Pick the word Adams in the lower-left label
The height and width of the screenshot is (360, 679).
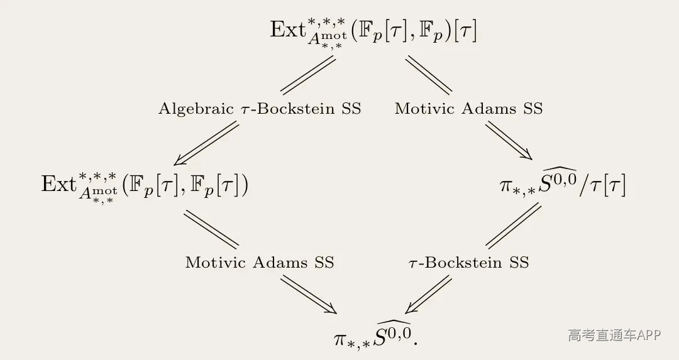click(280, 262)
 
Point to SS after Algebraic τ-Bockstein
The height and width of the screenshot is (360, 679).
click(351, 108)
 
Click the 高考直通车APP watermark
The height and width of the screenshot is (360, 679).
click(614, 335)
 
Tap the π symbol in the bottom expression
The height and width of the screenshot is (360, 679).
click(341, 339)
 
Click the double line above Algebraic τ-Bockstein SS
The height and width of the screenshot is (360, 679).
click(308, 75)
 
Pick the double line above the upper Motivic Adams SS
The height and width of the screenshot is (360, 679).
click(429, 75)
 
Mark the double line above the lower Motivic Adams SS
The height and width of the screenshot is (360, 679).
click(211, 230)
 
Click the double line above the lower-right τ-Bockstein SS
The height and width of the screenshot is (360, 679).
click(514, 226)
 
